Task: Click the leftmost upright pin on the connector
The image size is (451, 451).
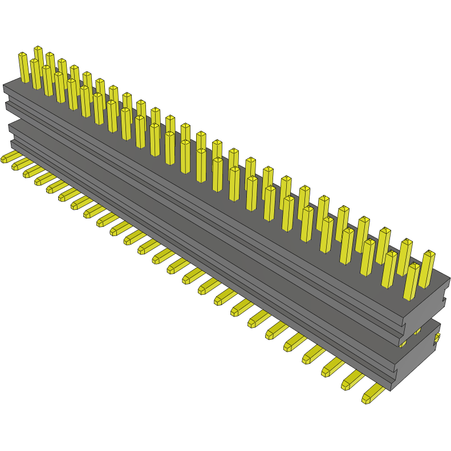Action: [x=23, y=67]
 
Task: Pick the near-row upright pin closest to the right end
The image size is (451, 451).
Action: [x=412, y=281]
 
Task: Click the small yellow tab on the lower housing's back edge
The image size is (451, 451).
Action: [x=437, y=339]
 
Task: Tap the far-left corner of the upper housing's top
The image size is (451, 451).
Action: [x=5, y=86]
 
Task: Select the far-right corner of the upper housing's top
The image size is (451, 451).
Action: [x=449, y=279]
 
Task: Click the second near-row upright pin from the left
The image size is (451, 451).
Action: [x=35, y=74]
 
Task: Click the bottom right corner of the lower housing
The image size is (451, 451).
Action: [x=391, y=389]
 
